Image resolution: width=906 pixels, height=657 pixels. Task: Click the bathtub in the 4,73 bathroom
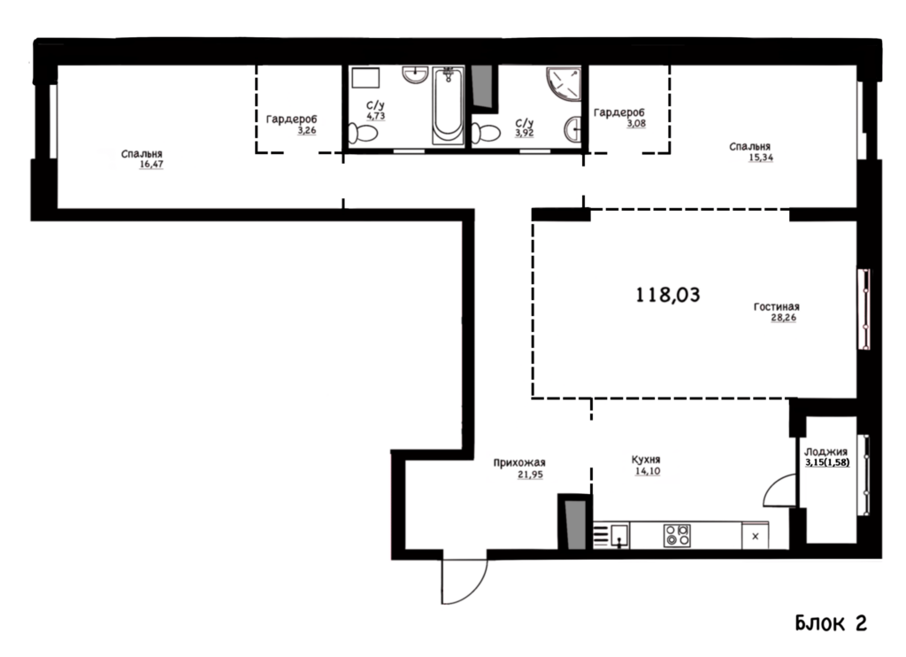point(449,105)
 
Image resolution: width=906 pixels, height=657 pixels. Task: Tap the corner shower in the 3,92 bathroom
point(564,84)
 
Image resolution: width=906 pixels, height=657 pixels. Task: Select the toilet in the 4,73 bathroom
point(363,134)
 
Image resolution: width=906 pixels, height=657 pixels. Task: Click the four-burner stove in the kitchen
point(677,535)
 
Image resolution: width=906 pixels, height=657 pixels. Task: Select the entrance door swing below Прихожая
point(464,581)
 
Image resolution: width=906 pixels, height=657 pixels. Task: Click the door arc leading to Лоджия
point(780,491)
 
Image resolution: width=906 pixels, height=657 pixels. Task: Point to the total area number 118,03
point(667,295)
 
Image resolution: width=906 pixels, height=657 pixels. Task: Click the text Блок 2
point(831,622)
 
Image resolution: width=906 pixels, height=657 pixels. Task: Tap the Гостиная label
point(776,306)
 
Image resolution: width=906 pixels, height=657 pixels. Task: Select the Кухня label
point(645,460)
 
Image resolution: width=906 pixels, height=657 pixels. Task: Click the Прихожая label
point(518,463)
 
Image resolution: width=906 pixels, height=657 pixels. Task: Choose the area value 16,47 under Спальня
point(151,165)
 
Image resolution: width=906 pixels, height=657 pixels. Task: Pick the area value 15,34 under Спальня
point(760,158)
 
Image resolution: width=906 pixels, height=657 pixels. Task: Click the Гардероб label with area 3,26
point(291,120)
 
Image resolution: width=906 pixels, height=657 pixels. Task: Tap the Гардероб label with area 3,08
point(618,112)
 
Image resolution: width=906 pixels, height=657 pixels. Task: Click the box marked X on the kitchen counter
point(755,536)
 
